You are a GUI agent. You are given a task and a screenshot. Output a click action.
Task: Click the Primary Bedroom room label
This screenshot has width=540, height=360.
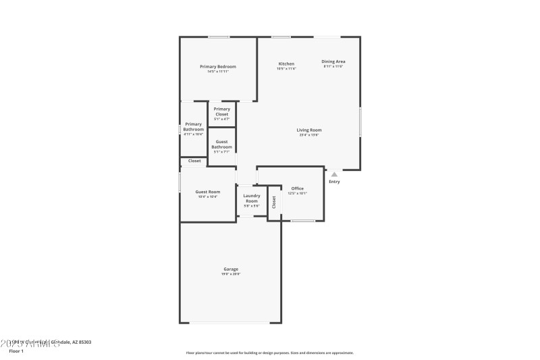tap(218, 66)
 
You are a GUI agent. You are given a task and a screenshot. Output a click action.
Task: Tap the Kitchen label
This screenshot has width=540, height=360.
tap(286, 63)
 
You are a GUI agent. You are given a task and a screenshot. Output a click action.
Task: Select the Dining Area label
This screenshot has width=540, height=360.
tap(333, 61)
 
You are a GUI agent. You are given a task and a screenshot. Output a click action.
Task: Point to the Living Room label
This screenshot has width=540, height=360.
tap(309, 130)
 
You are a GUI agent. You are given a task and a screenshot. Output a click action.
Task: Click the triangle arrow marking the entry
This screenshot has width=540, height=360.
tap(334, 174)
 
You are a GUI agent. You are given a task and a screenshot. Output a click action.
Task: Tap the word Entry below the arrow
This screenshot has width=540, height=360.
tap(334, 182)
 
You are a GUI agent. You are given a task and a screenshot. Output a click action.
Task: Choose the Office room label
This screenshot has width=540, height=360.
tap(297, 188)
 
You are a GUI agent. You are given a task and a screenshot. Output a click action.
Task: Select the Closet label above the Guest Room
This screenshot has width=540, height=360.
tap(194, 161)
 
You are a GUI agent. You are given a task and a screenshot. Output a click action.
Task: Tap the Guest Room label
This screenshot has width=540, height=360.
tap(208, 192)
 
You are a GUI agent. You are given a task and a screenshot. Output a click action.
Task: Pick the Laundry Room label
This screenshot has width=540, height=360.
tap(251, 198)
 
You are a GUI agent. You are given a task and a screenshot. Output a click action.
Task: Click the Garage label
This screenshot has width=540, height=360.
tap(231, 269)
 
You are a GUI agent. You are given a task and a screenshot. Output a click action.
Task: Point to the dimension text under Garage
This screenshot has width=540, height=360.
tap(231, 274)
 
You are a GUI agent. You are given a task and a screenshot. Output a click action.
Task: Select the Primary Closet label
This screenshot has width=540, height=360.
tap(221, 111)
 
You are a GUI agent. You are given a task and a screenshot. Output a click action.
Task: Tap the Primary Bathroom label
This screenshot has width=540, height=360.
tap(193, 126)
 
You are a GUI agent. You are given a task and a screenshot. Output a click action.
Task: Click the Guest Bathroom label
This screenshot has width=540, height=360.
tap(221, 145)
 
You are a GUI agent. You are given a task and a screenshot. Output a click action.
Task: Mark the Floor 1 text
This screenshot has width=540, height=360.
tap(16, 351)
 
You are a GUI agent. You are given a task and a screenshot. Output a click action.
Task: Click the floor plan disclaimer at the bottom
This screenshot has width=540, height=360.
tap(269, 353)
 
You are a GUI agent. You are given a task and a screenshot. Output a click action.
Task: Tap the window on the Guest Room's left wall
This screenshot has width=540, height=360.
tap(180, 182)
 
